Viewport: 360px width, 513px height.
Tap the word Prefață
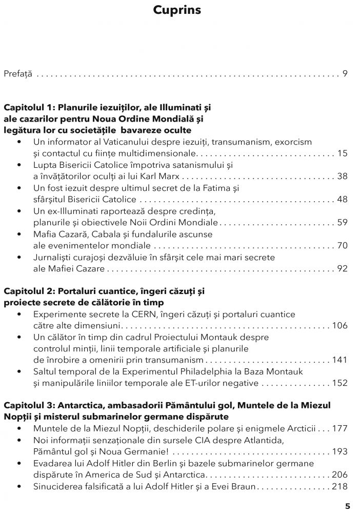(x=18, y=74)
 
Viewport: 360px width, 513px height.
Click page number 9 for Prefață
(x=345, y=74)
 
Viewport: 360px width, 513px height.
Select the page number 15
(x=343, y=153)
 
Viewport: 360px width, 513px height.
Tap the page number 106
(x=340, y=325)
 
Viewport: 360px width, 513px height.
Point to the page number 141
(x=340, y=360)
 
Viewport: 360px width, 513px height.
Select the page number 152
(x=340, y=383)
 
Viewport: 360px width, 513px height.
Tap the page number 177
(x=340, y=428)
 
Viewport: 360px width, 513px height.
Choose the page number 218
(x=340, y=486)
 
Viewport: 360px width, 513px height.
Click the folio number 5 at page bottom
(x=347, y=505)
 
